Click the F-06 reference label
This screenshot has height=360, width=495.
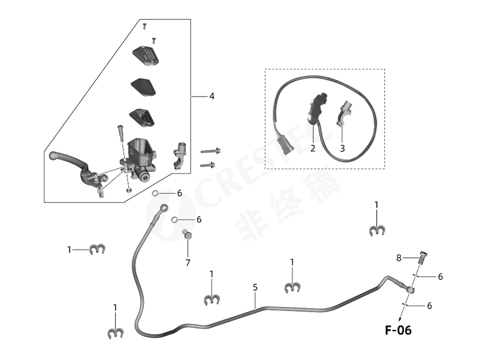(x=398, y=330)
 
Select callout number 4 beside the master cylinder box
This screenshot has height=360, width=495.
(x=211, y=96)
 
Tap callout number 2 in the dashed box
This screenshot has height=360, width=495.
(x=313, y=148)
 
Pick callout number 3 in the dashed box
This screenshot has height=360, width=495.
(x=342, y=148)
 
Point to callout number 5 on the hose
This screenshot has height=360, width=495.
(x=255, y=287)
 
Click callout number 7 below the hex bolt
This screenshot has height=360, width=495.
(x=188, y=263)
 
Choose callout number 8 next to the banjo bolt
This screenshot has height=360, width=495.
(x=399, y=257)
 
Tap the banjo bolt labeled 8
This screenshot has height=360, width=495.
(x=421, y=257)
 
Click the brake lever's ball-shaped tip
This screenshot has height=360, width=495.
(x=53, y=156)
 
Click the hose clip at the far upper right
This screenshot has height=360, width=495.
(x=377, y=230)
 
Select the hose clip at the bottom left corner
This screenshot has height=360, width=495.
(x=115, y=334)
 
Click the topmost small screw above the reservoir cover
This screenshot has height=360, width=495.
(x=145, y=25)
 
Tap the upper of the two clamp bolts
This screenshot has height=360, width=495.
(x=210, y=151)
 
